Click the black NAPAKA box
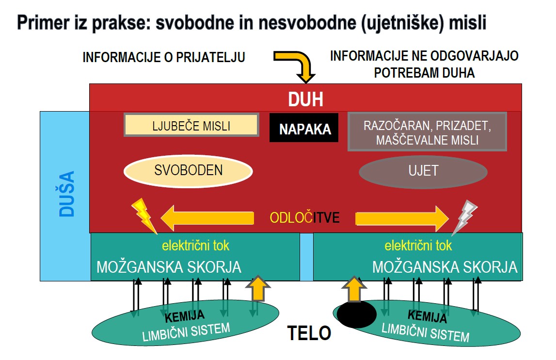304,129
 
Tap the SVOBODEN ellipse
188,170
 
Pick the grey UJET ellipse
423,171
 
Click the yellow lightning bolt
143,214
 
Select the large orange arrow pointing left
207,218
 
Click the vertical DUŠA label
67,193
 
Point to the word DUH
305,100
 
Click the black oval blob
356,314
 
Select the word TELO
309,333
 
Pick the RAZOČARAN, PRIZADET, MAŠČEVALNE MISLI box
428,132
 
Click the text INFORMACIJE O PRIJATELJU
164,57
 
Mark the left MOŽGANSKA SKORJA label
168,267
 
